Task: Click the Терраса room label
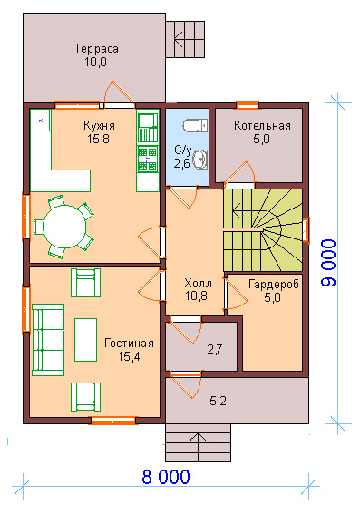pyautogui.click(x=96, y=49)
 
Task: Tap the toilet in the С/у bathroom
pyautogui.click(x=195, y=125)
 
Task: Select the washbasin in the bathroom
pyautogui.click(x=199, y=159)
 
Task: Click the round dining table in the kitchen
pyautogui.click(x=65, y=227)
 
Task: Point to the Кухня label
pyautogui.click(x=99, y=125)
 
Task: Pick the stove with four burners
pyautogui.click(x=147, y=159)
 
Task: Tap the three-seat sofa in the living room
pyautogui.click(x=48, y=340)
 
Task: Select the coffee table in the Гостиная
pyautogui.click(x=85, y=340)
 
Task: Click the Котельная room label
pyautogui.click(x=262, y=125)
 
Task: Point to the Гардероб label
pyautogui.click(x=274, y=285)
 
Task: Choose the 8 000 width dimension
pyautogui.click(x=166, y=477)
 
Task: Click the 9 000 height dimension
pyautogui.click(x=328, y=263)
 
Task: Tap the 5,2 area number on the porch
pyautogui.click(x=218, y=401)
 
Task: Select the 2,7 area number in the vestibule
pyautogui.click(x=215, y=349)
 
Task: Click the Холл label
pyautogui.click(x=198, y=283)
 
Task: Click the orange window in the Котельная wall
pyautogui.click(x=248, y=105)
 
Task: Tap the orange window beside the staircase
pyautogui.click(x=306, y=229)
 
